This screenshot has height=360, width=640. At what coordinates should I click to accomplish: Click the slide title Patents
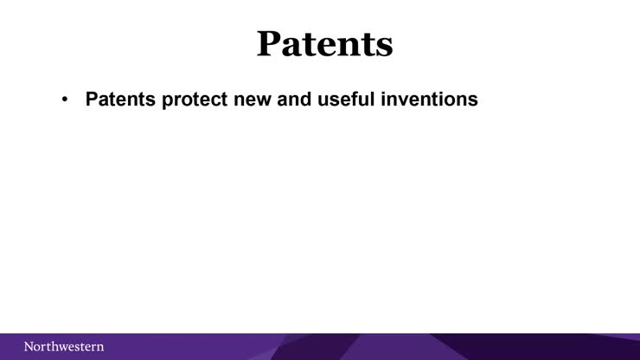pos(324,43)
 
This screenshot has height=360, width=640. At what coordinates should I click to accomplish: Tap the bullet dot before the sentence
pos(65,100)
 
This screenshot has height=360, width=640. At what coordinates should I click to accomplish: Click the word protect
pos(195,100)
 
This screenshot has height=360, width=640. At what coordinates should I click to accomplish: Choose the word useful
pos(355,100)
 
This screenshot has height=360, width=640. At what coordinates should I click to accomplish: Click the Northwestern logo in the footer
pos(64,346)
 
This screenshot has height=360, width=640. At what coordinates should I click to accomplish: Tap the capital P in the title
pos(271,43)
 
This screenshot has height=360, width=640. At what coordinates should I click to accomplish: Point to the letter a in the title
pos(294,46)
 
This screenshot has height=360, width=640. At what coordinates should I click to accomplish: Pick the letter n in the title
pos(349,46)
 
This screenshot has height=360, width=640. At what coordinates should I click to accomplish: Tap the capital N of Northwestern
pos(29,346)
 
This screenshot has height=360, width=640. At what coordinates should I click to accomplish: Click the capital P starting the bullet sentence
pos(92,100)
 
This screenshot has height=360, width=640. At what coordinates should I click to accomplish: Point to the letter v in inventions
pos(413,100)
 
